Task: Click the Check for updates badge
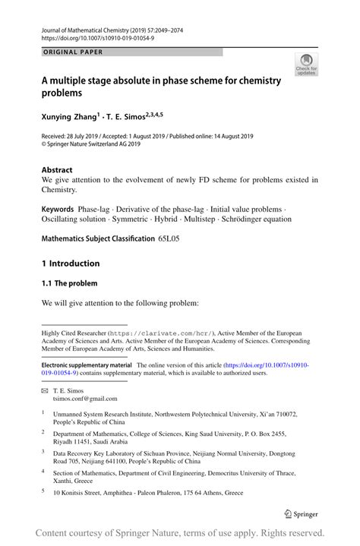(x=306, y=64)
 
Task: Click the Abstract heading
(x=57, y=170)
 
